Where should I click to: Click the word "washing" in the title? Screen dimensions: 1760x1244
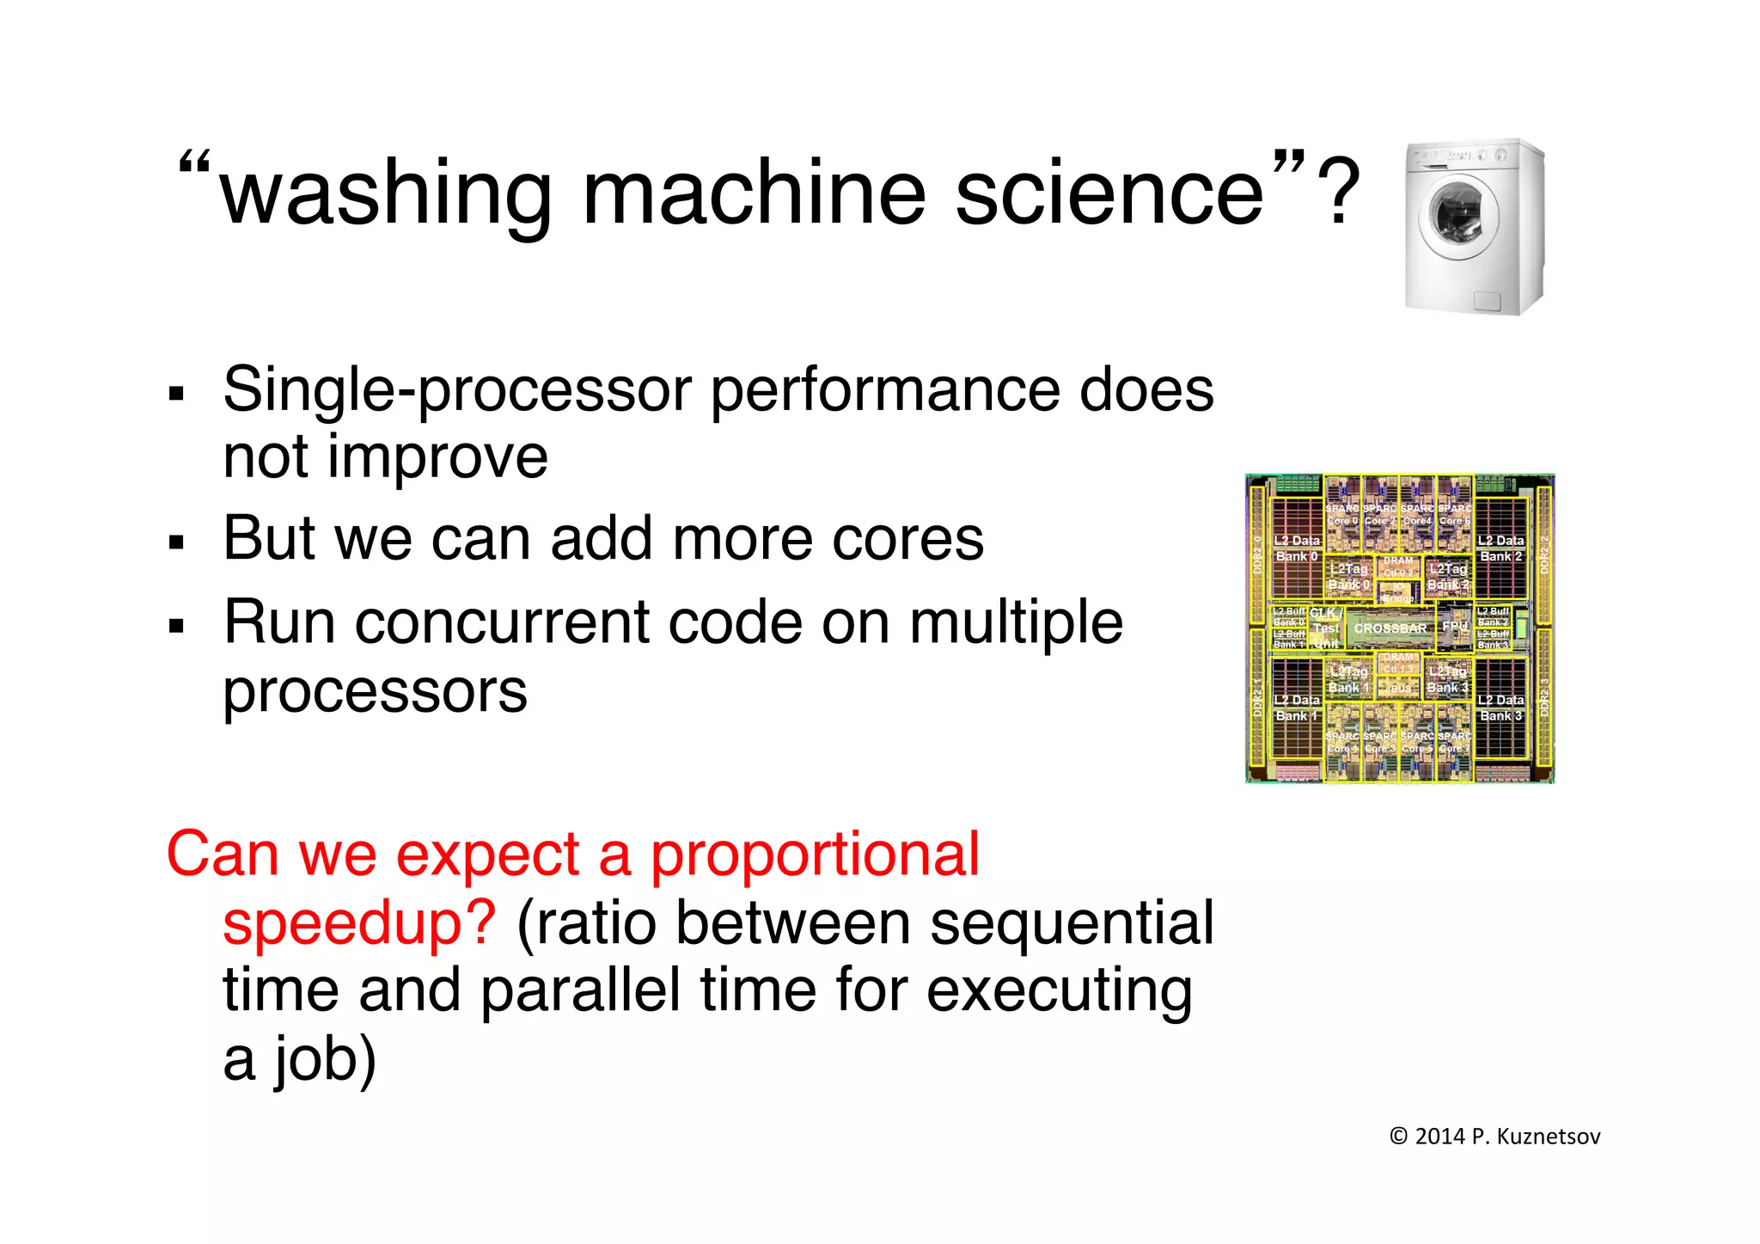(385, 196)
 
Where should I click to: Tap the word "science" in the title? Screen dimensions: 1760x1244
(1109, 194)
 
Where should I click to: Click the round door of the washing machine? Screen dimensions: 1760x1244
(1457, 218)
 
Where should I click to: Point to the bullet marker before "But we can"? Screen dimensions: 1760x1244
(177, 542)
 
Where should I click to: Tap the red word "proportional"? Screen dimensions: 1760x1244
(814, 855)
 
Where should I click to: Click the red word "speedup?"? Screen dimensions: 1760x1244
(359, 923)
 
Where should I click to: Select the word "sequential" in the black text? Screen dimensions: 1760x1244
(1072, 923)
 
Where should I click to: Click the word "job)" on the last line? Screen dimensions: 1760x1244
(326, 1059)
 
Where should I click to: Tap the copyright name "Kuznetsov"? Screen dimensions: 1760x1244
(1548, 1137)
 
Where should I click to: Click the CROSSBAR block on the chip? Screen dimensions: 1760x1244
(1390, 628)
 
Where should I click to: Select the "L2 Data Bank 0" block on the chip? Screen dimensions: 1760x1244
(1297, 548)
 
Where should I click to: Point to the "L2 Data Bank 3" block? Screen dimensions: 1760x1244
(1500, 708)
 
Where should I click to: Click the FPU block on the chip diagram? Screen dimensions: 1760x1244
(1454, 626)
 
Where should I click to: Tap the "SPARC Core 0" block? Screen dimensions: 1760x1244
(1342, 515)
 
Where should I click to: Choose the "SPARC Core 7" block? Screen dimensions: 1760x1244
(1454, 742)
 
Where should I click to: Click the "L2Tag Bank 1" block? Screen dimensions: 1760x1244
(1348, 679)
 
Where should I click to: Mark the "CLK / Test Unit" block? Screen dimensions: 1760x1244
(1325, 628)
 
